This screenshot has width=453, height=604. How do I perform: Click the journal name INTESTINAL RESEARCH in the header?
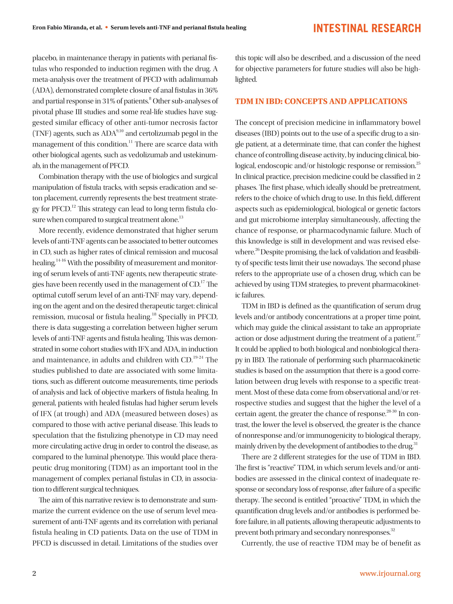pyautogui.click(x=367, y=28)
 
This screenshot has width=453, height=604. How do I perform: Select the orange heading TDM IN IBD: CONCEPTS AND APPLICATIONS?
pyautogui.click(x=321, y=101)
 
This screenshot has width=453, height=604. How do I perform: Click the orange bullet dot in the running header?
pyautogui.click(x=107, y=27)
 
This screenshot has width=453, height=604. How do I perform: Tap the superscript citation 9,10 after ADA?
pyautogui.click(x=120, y=131)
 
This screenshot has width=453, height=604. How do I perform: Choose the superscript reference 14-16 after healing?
pyautogui.click(x=61, y=261)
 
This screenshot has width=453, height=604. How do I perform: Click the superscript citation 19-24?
pyautogui.click(x=198, y=357)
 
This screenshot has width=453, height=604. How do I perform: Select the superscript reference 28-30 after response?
pyautogui.click(x=391, y=411)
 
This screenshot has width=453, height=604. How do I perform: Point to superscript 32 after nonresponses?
pyautogui.click(x=393, y=530)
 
